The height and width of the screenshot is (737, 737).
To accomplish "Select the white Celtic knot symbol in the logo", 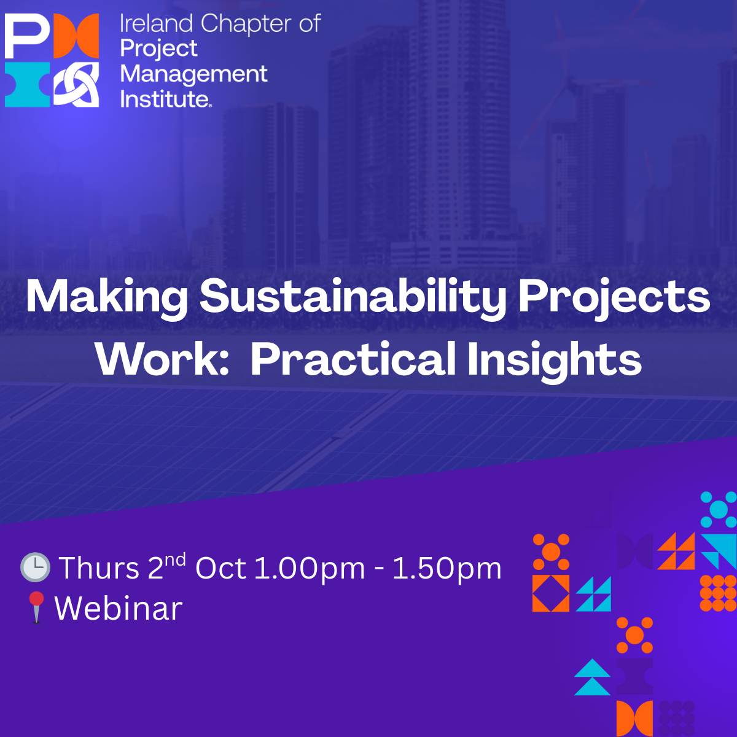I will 76,85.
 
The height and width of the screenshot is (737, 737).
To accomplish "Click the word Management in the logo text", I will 193,74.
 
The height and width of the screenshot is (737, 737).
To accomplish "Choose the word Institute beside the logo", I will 165,99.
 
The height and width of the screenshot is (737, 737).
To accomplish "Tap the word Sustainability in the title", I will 353,297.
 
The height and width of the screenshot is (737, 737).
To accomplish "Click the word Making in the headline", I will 107,297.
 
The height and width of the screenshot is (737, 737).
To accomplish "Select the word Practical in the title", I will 353,359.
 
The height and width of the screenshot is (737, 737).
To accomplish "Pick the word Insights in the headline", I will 554,361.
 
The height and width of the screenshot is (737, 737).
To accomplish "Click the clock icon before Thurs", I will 35,567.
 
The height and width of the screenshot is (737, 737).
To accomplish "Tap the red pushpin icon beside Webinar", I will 37,607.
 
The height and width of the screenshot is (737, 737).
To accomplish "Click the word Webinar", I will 119,609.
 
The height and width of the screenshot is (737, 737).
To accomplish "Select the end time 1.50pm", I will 446,568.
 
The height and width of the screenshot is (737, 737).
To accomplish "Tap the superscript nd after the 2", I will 175,559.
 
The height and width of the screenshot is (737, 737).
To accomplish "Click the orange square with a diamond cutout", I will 551,593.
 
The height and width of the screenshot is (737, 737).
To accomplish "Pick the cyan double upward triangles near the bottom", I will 593,677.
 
